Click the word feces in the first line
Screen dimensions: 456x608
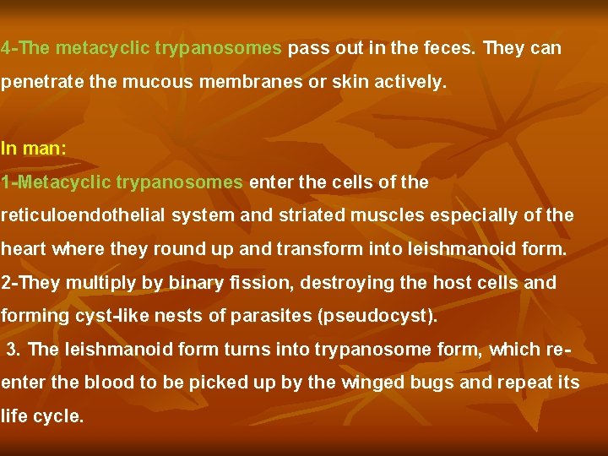pos(451,48)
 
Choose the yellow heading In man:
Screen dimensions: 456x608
pos(34,149)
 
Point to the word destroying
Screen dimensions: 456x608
pos(349,283)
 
